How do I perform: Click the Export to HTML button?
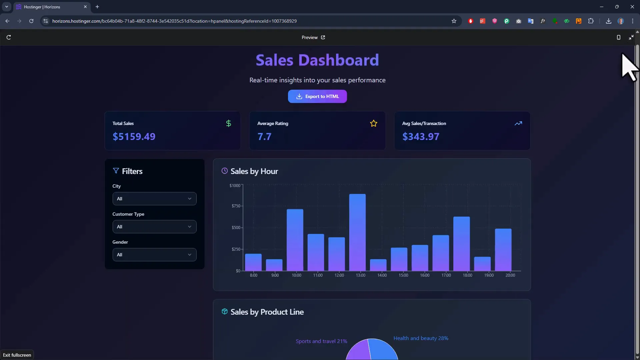coord(317,96)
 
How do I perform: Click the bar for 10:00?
coord(295,240)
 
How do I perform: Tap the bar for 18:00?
coord(461,244)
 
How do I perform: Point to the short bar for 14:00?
coord(378,265)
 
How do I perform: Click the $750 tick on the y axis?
coord(236,206)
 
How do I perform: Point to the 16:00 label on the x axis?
coord(424,275)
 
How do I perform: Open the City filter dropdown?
coord(154,199)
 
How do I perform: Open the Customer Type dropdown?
coord(154,227)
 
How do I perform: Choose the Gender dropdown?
coord(154,255)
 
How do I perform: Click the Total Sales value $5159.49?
coord(134,137)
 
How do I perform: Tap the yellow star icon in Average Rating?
coord(373,123)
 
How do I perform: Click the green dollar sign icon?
coord(228,123)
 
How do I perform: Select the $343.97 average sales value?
coord(421,137)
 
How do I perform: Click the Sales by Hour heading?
coord(254,171)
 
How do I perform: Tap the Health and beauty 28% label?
coord(421,338)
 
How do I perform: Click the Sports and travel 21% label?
coord(321,341)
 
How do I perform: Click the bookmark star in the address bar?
coord(454,21)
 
